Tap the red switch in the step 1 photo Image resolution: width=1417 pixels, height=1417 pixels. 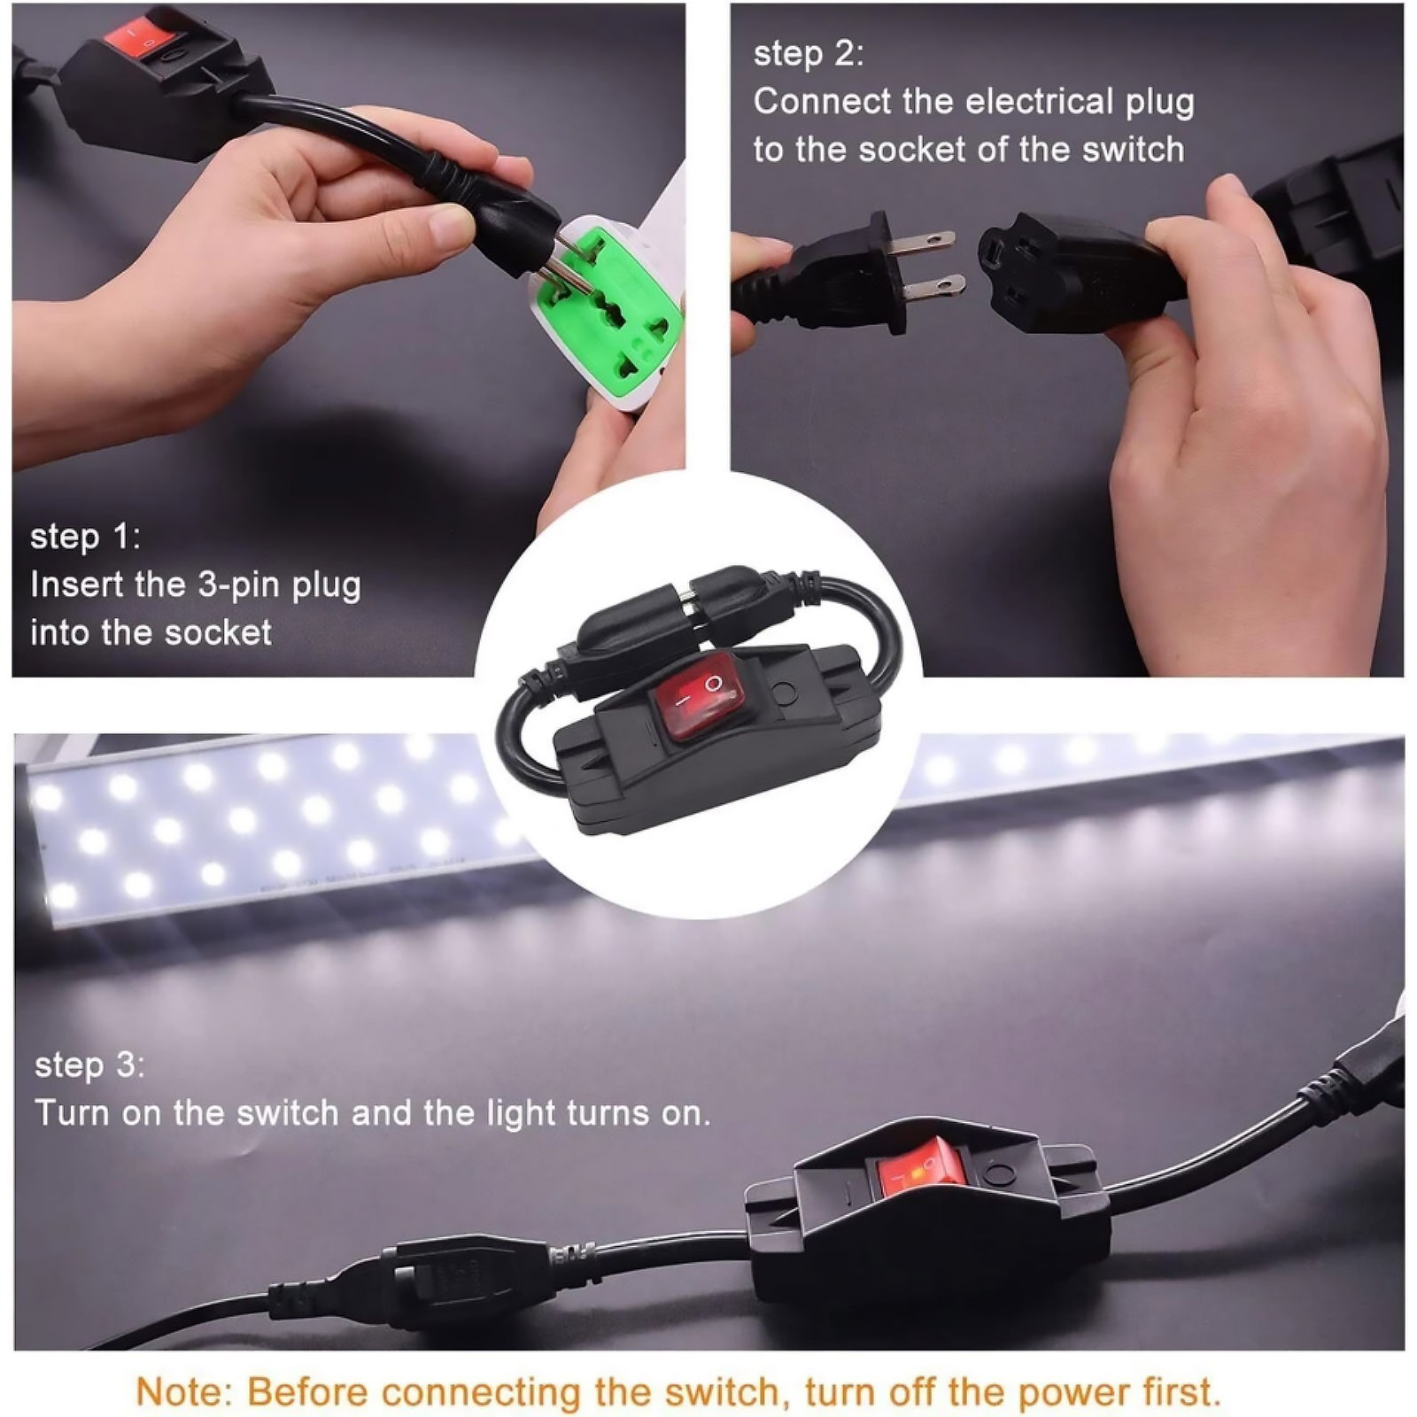(136, 34)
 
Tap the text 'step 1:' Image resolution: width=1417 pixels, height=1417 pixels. (85, 537)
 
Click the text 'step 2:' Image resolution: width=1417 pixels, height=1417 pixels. (808, 53)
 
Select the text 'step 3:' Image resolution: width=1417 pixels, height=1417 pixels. (89, 1065)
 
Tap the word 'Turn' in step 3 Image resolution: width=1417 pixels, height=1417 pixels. (73, 1112)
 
